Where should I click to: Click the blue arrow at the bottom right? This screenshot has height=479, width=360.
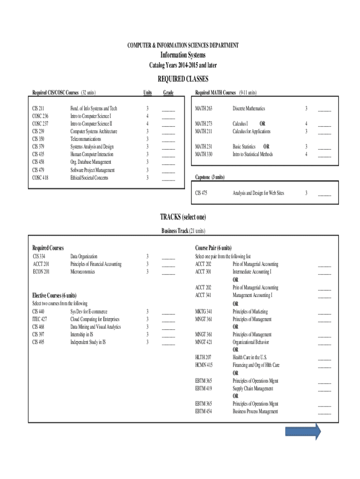coord(303,432)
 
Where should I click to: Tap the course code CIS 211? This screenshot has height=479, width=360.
coord(38,109)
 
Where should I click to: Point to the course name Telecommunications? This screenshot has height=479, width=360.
coord(86,139)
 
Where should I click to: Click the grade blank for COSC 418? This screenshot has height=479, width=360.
coord(168,178)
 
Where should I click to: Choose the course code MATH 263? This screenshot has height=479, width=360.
coord(203,109)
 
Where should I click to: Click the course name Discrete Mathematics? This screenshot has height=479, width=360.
coord(249,109)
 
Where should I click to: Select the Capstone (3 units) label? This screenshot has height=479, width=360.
coord(209,177)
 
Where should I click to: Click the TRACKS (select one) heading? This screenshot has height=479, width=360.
coord(183,217)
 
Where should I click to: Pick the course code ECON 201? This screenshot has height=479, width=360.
coord(40,271)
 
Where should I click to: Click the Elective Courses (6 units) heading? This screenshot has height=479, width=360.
coord(54,296)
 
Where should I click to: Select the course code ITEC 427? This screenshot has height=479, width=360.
coord(39,319)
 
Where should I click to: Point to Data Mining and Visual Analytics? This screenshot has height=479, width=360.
coord(95,327)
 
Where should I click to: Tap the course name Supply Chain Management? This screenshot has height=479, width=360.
coord(252,388)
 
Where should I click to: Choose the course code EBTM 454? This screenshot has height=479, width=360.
coord(203,411)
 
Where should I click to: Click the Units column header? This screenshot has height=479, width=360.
coord(147,93)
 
